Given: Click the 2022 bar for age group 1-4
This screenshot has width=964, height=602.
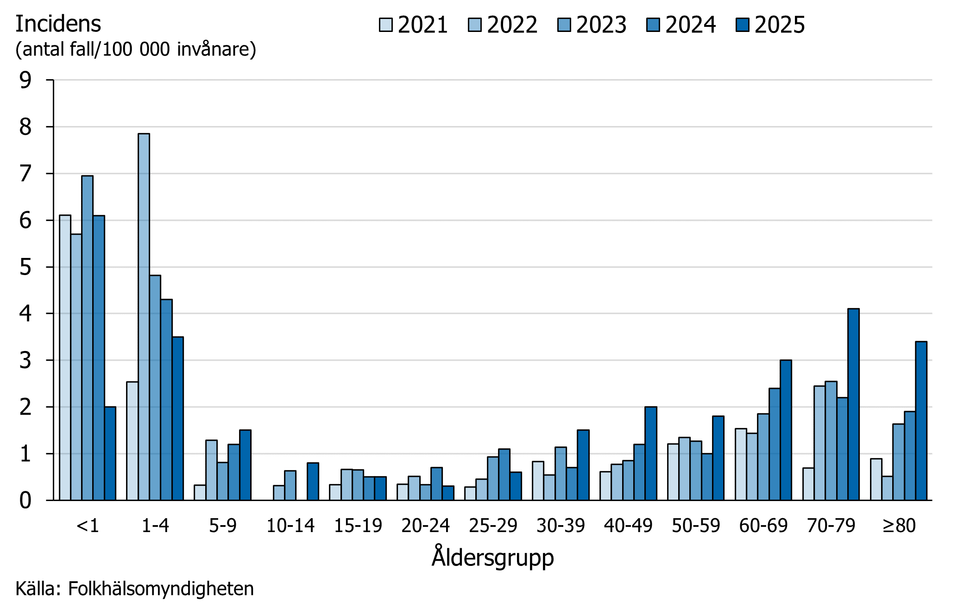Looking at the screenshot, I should (144, 317).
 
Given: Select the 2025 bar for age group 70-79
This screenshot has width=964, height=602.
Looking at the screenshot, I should (853, 404).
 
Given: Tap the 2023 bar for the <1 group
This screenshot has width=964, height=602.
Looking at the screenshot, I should (87, 338).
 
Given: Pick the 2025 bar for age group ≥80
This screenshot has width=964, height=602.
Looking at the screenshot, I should (921, 420).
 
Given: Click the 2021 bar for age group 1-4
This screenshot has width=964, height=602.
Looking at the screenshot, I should (132, 441).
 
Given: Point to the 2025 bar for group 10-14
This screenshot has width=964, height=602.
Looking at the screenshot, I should (313, 482).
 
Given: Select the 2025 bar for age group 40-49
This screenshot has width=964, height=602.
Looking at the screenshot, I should (650, 453).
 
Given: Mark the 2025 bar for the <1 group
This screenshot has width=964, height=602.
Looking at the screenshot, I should (110, 453).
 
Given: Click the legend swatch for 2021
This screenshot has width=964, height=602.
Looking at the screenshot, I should (385, 25).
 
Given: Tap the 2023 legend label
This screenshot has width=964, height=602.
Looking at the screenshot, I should (601, 25).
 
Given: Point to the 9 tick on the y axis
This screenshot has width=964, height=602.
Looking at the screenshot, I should (25, 80).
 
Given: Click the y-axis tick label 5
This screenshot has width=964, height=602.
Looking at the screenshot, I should (25, 267).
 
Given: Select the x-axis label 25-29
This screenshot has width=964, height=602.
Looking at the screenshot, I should (493, 526).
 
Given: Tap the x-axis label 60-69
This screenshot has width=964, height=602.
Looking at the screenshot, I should (763, 526).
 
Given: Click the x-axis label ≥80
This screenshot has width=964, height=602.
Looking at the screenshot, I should (899, 526).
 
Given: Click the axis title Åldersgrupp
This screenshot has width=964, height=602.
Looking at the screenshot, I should (492, 557).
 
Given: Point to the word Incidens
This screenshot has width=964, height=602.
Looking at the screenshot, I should (58, 24).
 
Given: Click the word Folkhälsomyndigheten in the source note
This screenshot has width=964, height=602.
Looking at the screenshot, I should (161, 589).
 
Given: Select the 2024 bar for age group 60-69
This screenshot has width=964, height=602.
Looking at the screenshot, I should (774, 444).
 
